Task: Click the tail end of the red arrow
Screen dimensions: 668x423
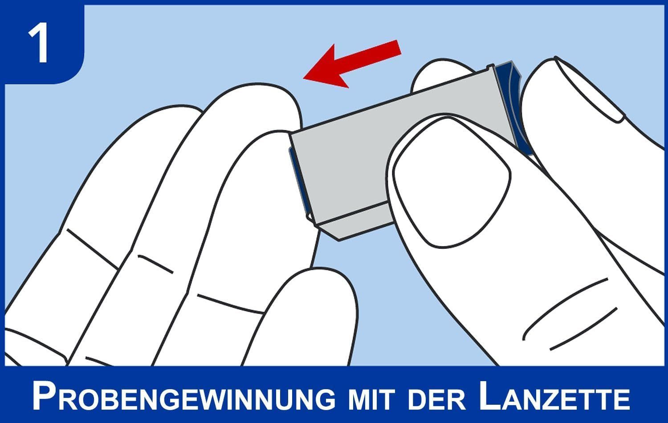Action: pos(399,47)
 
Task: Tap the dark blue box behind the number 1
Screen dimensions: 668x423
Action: pos(42,42)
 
